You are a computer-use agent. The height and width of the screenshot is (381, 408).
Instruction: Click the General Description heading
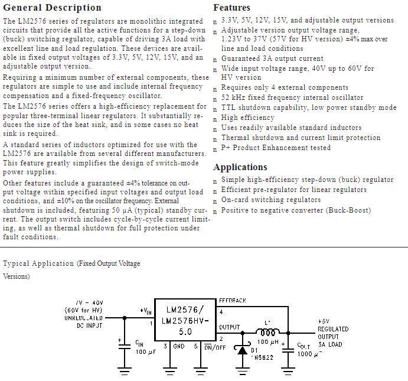coord(52,8)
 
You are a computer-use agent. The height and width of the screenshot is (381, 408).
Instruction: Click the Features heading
coord(231,8)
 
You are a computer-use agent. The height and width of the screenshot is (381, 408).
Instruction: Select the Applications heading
coord(240,167)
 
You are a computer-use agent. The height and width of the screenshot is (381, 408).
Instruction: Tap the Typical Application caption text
coord(72,263)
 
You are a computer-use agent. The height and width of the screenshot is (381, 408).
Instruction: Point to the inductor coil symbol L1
coord(267,332)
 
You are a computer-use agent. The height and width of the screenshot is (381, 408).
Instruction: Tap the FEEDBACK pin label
coord(232,301)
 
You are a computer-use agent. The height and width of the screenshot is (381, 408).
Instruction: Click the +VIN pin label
coord(146,311)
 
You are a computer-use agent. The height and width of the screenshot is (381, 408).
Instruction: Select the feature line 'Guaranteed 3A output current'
coord(272,58)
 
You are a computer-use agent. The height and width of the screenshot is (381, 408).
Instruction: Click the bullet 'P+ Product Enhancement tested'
coord(276,148)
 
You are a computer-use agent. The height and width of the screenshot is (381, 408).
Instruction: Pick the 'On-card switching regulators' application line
coord(270,200)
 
